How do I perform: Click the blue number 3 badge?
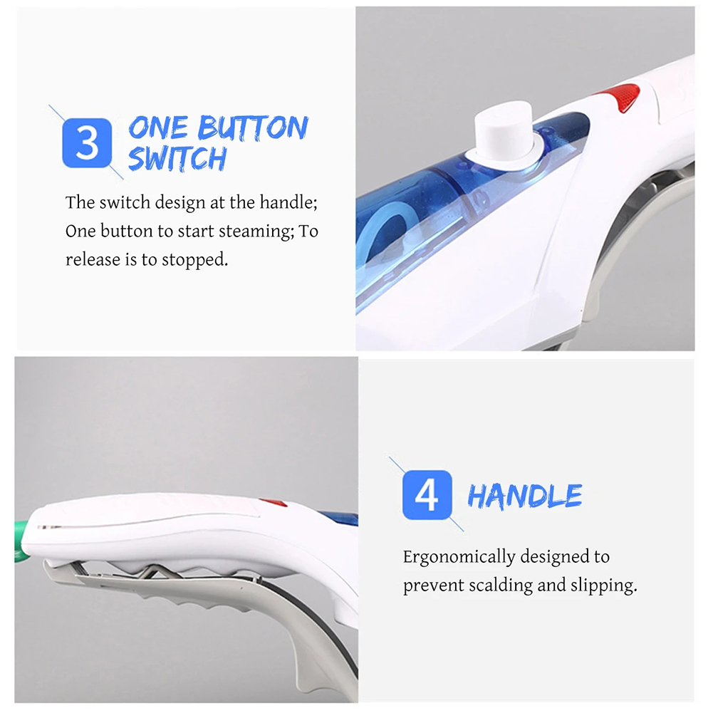point(87,142)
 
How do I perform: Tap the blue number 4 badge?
point(427,495)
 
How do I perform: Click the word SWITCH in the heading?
point(177,158)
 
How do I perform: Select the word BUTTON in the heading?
point(254,127)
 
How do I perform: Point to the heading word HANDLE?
point(525,495)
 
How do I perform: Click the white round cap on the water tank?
point(503,130)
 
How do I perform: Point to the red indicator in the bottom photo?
point(273,502)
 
